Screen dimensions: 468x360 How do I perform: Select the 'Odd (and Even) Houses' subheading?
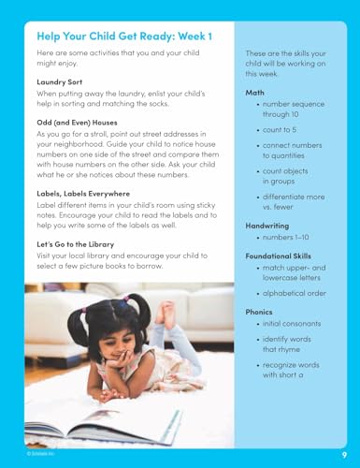coord(78,122)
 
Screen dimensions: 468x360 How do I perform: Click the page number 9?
coord(344,454)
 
